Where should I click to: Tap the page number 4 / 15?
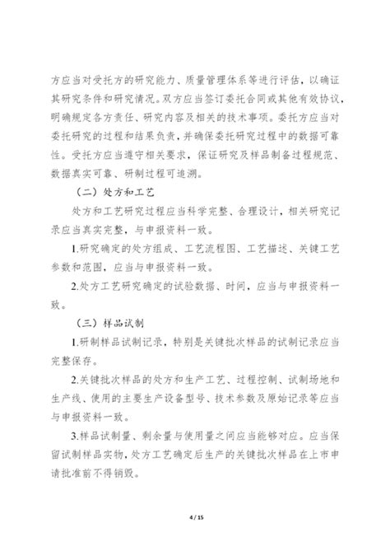(x=194, y=516)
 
